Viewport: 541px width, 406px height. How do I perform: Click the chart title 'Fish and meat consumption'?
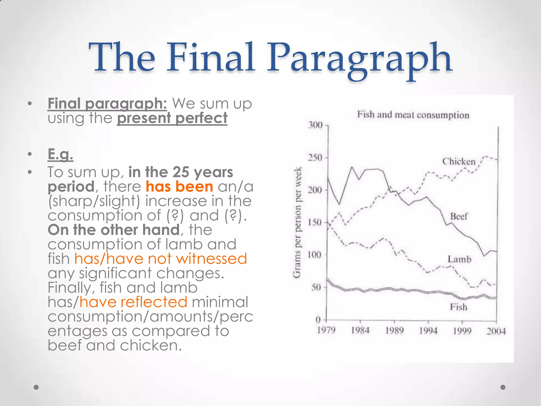(413, 115)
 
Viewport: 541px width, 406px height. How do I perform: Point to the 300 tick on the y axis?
(316, 125)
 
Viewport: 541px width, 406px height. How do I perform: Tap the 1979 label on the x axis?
(326, 330)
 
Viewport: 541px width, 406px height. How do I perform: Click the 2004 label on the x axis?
(496, 331)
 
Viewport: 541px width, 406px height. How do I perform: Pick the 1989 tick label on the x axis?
(394, 331)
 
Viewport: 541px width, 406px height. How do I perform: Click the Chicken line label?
(459, 162)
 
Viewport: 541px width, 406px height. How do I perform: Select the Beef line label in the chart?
(459, 216)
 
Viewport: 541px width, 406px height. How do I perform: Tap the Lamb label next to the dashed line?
(459, 259)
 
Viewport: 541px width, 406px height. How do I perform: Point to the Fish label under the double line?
(459, 307)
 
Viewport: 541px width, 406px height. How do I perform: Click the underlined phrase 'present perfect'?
(172, 118)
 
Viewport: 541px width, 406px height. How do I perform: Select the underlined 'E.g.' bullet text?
(60, 154)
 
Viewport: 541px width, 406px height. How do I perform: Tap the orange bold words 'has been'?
(179, 187)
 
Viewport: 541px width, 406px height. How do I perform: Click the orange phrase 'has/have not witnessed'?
(161, 259)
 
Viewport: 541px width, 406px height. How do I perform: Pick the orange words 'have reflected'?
(133, 302)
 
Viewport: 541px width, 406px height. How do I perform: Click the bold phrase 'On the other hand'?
(114, 230)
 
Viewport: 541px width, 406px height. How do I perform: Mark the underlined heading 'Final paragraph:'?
(107, 103)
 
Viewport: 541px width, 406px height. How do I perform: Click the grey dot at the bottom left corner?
(36, 387)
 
